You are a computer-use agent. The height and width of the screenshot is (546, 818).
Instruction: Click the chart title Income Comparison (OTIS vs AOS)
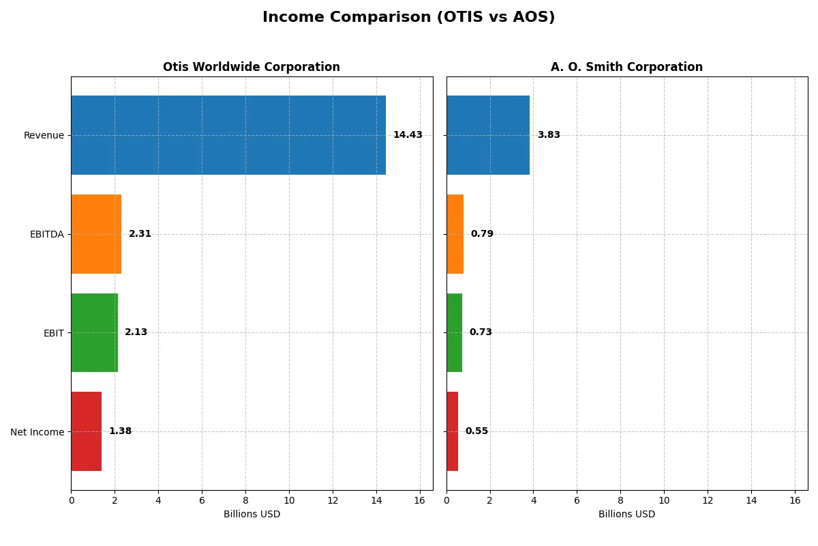408,18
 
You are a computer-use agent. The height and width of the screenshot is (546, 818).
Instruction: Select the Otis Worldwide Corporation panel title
251,68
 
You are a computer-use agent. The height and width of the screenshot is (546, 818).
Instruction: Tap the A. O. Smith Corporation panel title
626,68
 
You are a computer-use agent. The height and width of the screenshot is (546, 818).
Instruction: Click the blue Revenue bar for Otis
228,135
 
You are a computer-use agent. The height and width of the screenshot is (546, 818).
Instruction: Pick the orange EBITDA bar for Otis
96,234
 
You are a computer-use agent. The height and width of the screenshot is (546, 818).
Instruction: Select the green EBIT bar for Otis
95,332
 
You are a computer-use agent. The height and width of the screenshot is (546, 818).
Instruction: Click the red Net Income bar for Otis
87,431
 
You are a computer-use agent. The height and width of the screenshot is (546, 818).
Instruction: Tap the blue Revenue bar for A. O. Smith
488,135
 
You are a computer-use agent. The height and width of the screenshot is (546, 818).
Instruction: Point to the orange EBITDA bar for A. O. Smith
455,234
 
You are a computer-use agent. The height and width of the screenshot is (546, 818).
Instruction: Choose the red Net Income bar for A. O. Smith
453,431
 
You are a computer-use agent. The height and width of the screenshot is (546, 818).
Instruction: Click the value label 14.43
408,135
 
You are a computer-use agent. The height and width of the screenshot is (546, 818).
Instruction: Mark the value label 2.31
140,234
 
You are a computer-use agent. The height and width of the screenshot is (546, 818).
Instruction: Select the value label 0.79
482,234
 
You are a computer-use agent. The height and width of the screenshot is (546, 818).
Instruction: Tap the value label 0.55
476,431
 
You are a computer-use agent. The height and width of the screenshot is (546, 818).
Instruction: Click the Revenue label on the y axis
44,136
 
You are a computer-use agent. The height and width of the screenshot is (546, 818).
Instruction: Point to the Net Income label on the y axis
37,432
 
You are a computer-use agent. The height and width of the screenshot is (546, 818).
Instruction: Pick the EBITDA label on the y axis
46,235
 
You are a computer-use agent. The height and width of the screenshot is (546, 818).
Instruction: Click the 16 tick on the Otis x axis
419,500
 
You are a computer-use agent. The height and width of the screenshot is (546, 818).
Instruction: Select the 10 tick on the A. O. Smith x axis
664,500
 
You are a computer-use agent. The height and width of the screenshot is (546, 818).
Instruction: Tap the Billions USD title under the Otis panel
252,515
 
